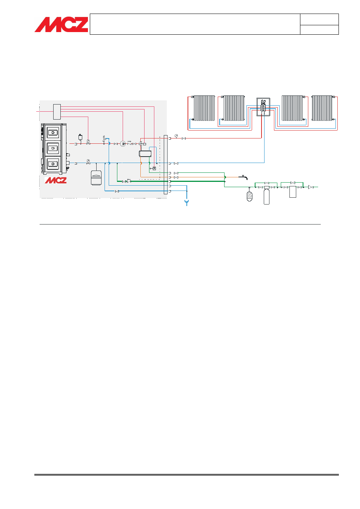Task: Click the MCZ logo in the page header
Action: tap(62, 25)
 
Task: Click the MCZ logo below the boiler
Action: tap(56, 180)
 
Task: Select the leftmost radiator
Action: tap(204, 108)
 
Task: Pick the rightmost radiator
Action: tap(322, 108)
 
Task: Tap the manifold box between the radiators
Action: tap(263, 107)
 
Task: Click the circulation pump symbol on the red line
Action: tap(123, 144)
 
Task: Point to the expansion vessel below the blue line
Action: tap(96, 178)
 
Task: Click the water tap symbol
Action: tap(244, 177)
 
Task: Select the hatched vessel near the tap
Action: tap(249, 196)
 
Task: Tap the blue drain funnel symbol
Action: tap(186, 203)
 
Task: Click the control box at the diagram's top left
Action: tap(57, 112)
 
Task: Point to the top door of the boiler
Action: tap(53, 132)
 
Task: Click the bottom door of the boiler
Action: tap(53, 164)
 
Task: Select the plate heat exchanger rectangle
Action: tap(145, 154)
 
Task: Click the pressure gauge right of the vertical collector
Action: tap(176, 136)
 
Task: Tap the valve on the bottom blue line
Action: tap(117, 191)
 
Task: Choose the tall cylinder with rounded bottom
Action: tap(266, 196)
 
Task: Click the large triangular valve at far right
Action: tap(311, 187)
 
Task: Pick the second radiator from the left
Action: tap(234, 108)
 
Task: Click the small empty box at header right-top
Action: tap(319, 20)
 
